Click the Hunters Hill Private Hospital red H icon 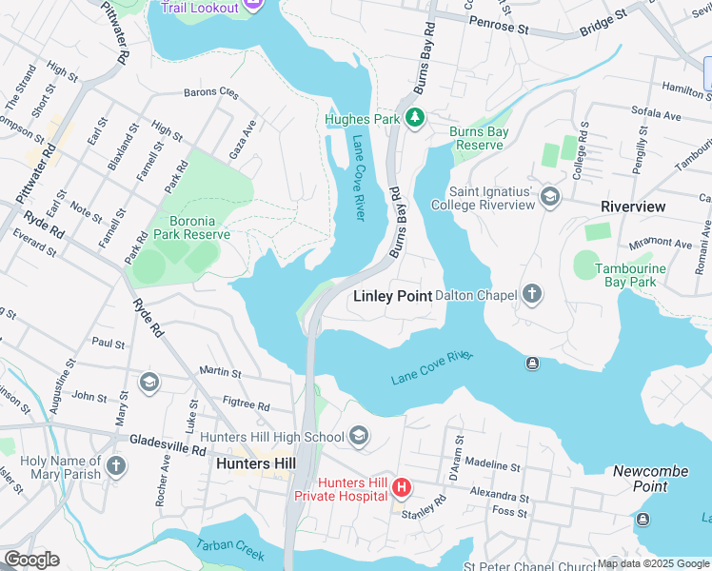(402, 489)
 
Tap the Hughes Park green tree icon (414, 118)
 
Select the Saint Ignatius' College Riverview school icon (549, 197)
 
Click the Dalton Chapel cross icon (532, 295)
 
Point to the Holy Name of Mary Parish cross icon (115, 466)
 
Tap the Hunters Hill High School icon (358, 437)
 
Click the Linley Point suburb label (392, 296)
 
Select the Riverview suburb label (633, 207)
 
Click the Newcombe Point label (645, 479)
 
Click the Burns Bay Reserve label (479, 138)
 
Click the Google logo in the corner (31, 560)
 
